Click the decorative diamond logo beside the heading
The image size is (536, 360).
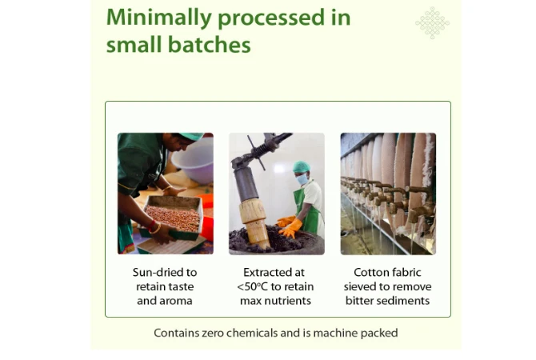pyautogui.click(x=433, y=23)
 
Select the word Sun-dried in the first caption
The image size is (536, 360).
pyautogui.click(x=154, y=273)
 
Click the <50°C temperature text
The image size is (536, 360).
pyautogui.click(x=252, y=286)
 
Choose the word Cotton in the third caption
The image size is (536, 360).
pyautogui.click(x=369, y=273)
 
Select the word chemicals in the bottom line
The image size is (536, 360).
pyautogui.click(x=262, y=333)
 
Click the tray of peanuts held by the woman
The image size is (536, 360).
pyautogui.click(x=173, y=217)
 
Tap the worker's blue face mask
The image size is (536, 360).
pyautogui.click(x=302, y=179)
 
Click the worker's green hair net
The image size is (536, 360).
pyautogui.click(x=301, y=166)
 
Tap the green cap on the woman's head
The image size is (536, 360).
pyautogui.click(x=190, y=136)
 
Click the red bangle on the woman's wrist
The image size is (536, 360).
pyautogui.click(x=150, y=226)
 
